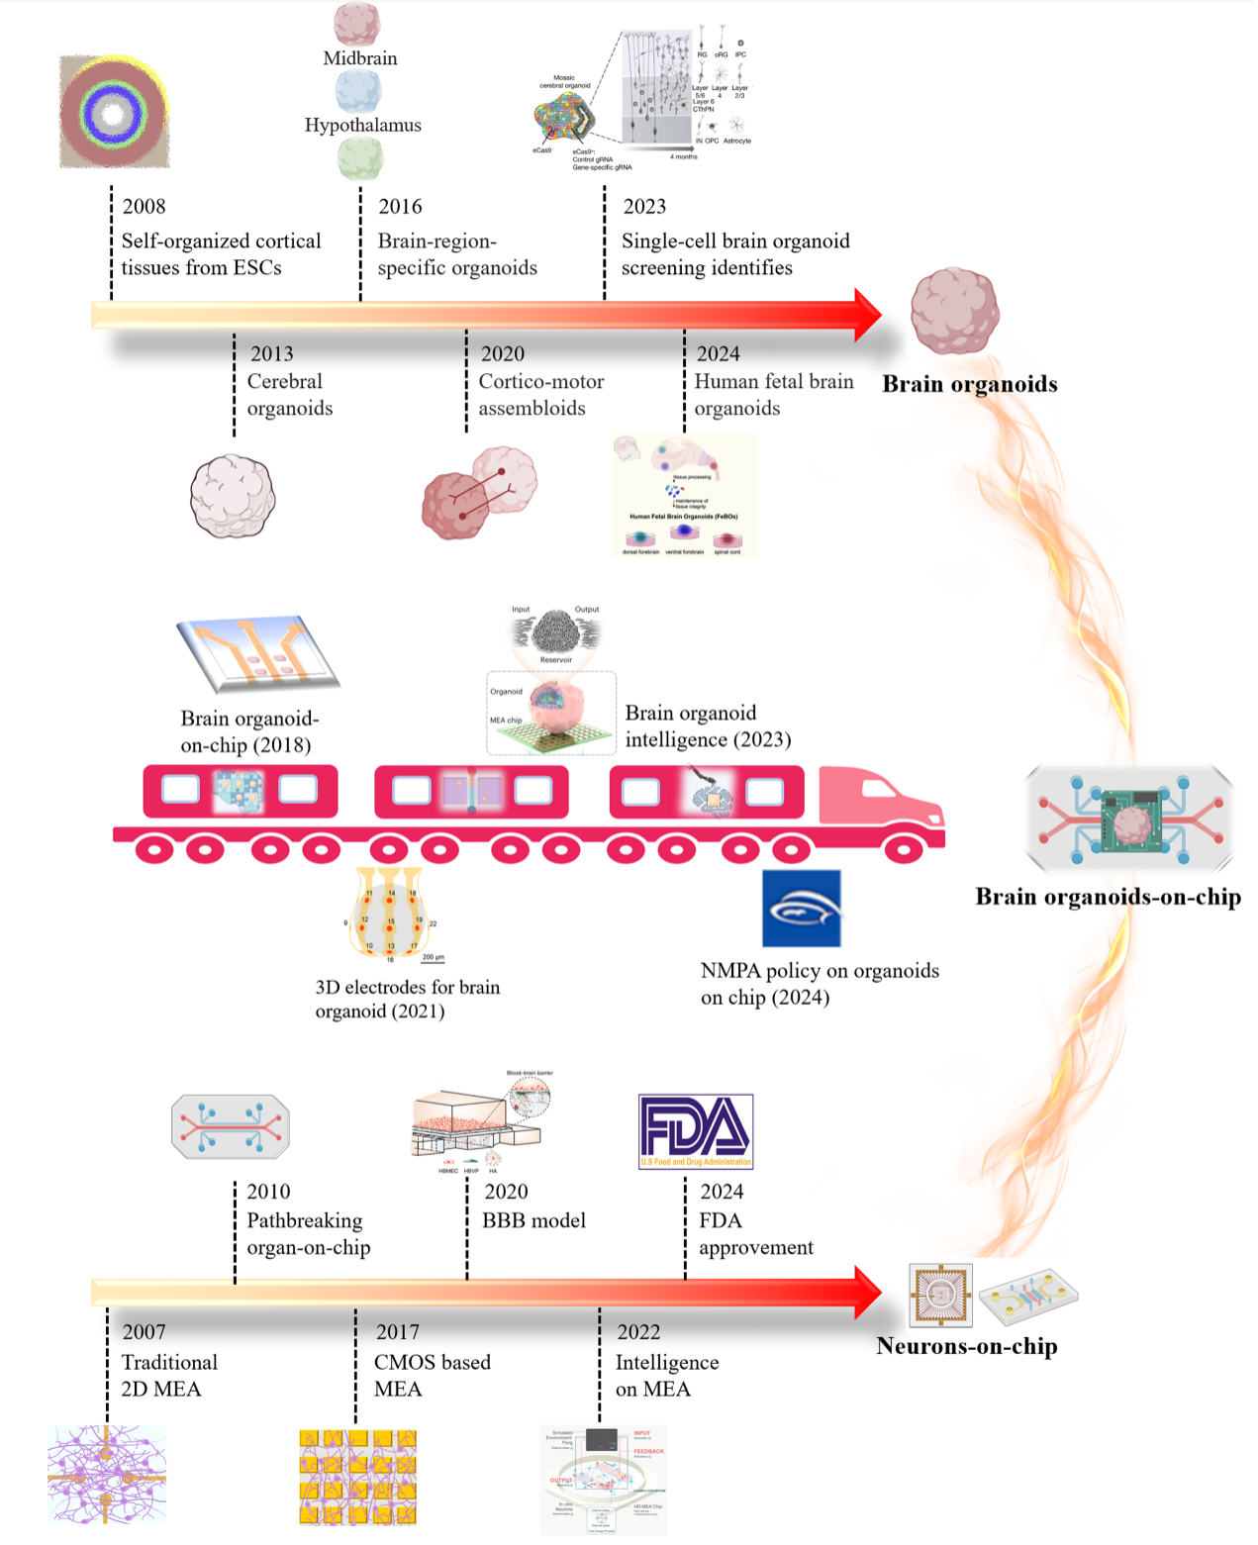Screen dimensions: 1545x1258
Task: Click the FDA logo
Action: [696, 1131]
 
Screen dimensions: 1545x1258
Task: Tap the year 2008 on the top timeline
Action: [145, 207]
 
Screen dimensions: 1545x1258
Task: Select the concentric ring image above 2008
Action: [114, 112]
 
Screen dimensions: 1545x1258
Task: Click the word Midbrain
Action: [360, 58]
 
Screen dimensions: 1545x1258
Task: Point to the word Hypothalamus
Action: [362, 126]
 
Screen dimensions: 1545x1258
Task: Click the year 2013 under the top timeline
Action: [271, 354]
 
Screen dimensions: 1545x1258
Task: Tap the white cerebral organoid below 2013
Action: [233, 497]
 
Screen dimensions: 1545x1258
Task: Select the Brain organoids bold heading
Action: [970, 384]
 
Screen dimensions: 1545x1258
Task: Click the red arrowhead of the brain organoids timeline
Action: [866, 315]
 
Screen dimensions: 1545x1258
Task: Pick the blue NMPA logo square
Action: [802, 909]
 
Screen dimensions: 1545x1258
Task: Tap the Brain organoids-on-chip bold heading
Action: [1108, 897]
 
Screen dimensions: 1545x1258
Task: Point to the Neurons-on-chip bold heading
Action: [967, 1346]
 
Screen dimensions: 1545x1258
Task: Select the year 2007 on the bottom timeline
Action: [145, 1332]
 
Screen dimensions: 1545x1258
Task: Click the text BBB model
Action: [533, 1221]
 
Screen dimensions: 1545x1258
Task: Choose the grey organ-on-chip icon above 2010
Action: [231, 1126]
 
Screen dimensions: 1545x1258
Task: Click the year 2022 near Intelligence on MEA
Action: [638, 1332]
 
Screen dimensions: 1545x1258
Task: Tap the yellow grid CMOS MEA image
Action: [357, 1477]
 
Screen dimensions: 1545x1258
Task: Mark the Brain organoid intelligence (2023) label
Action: [708, 726]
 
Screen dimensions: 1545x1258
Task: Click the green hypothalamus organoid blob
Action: [360, 158]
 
